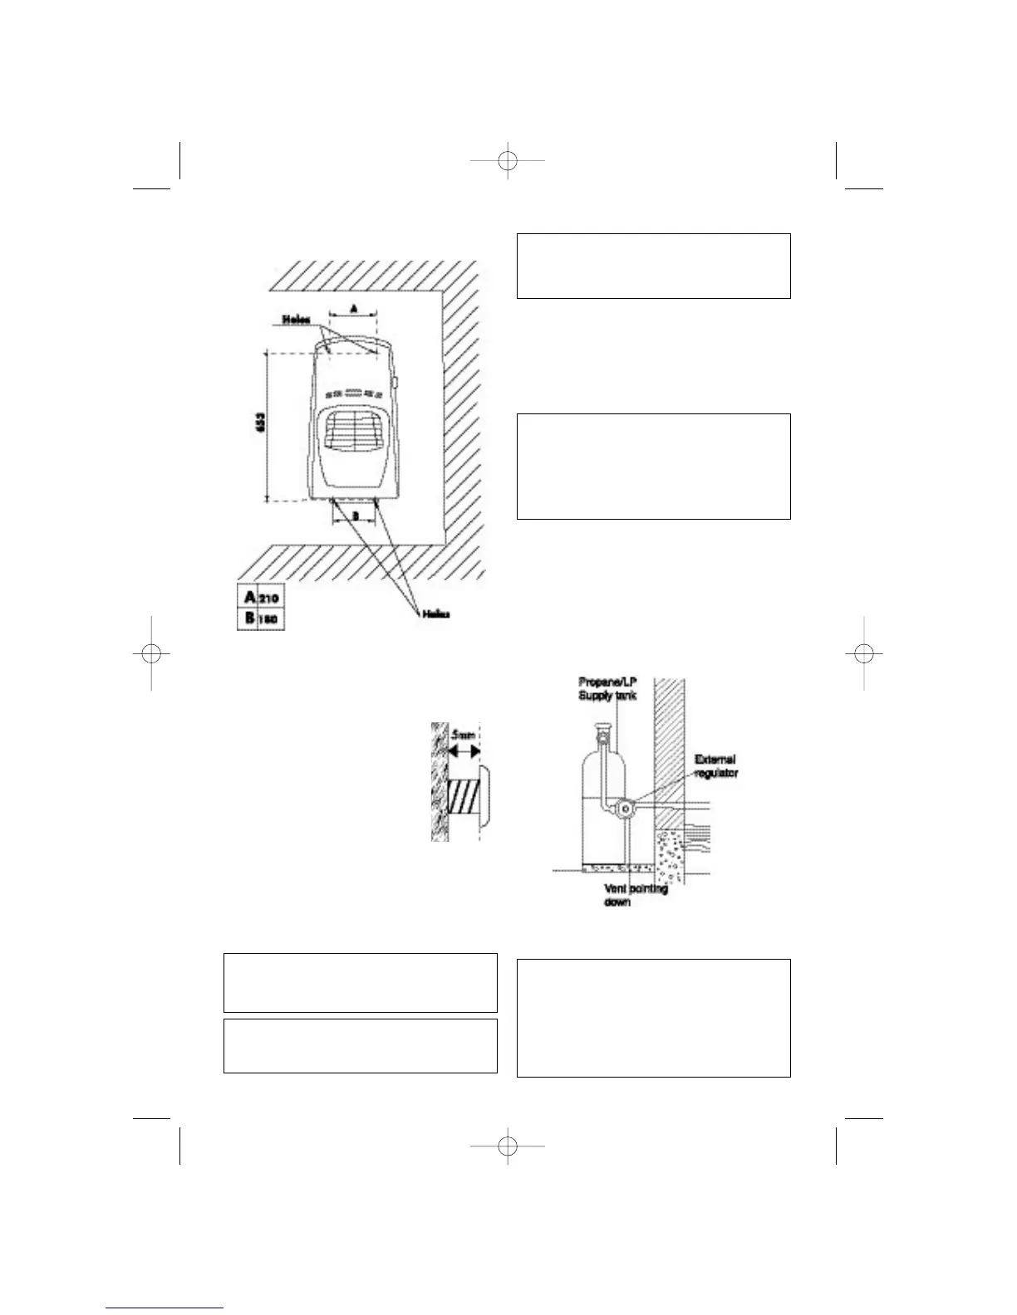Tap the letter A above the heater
[x=354, y=307]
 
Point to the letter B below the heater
[x=354, y=516]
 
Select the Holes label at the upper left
[x=297, y=320]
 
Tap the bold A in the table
[x=249, y=597]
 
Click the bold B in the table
[x=249, y=618]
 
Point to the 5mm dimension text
[x=463, y=736]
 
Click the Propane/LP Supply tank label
[x=607, y=688]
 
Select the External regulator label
[x=715, y=765]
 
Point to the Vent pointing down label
[x=636, y=895]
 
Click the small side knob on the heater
[x=396, y=385]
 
